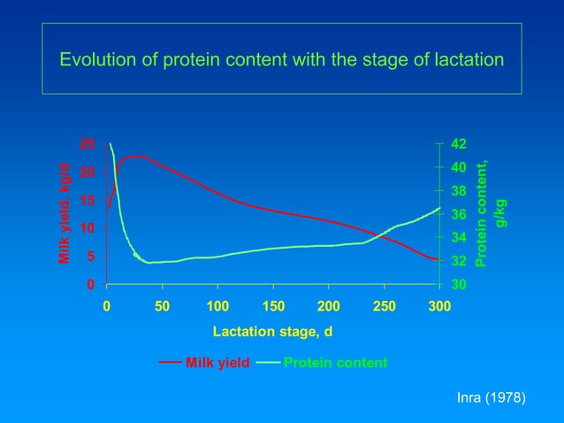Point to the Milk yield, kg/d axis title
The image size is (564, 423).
65,214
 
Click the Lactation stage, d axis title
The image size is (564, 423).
272,332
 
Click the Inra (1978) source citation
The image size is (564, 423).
491,399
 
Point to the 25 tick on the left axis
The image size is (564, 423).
87,143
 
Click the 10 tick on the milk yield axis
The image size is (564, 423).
87,228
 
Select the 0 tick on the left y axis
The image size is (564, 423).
90,285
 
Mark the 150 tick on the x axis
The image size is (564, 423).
272,305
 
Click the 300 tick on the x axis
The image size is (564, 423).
439,305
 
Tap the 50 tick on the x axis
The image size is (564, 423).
162,305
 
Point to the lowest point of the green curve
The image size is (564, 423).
149,263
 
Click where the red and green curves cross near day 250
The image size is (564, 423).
384,234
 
